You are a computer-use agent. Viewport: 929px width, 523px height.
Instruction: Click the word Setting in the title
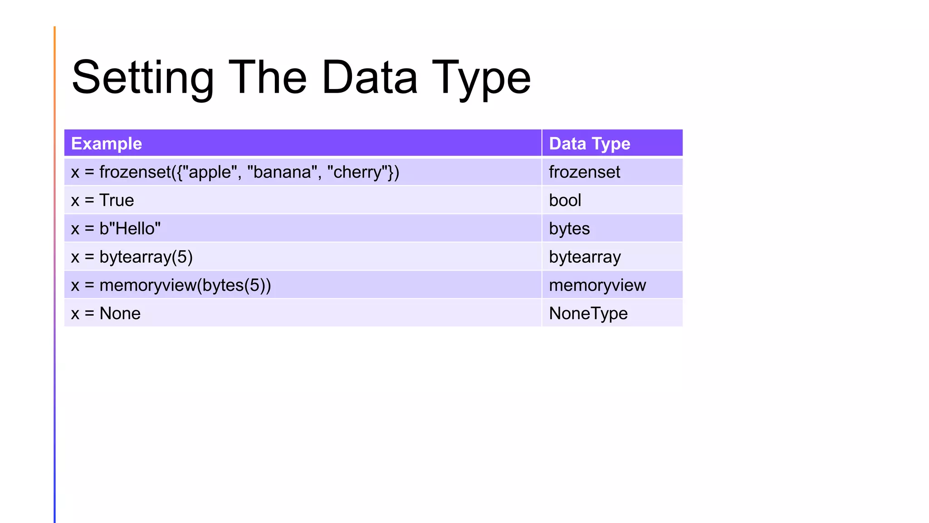click(142, 78)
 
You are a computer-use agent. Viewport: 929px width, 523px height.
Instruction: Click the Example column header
click(107, 143)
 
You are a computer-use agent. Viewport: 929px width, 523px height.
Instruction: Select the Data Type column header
click(589, 143)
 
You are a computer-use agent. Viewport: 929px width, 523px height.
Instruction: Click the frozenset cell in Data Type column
click(584, 172)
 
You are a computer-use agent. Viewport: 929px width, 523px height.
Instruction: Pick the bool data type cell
click(565, 200)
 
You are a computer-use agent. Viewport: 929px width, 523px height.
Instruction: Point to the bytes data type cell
click(569, 228)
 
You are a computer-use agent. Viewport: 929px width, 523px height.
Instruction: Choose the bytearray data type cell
click(585, 257)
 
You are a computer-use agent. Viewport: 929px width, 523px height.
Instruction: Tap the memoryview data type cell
click(597, 285)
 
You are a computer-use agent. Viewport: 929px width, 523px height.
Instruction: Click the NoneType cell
click(588, 313)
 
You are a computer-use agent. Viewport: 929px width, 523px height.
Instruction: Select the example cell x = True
click(103, 200)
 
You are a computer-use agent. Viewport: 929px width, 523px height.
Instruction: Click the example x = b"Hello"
click(116, 228)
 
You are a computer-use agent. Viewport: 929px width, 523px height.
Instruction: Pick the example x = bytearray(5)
click(132, 257)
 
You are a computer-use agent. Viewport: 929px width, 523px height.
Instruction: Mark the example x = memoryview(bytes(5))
click(171, 285)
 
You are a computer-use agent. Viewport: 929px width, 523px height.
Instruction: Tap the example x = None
click(106, 313)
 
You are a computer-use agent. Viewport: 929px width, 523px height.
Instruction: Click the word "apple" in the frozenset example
click(210, 172)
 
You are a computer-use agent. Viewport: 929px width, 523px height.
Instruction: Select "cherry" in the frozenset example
click(360, 172)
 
